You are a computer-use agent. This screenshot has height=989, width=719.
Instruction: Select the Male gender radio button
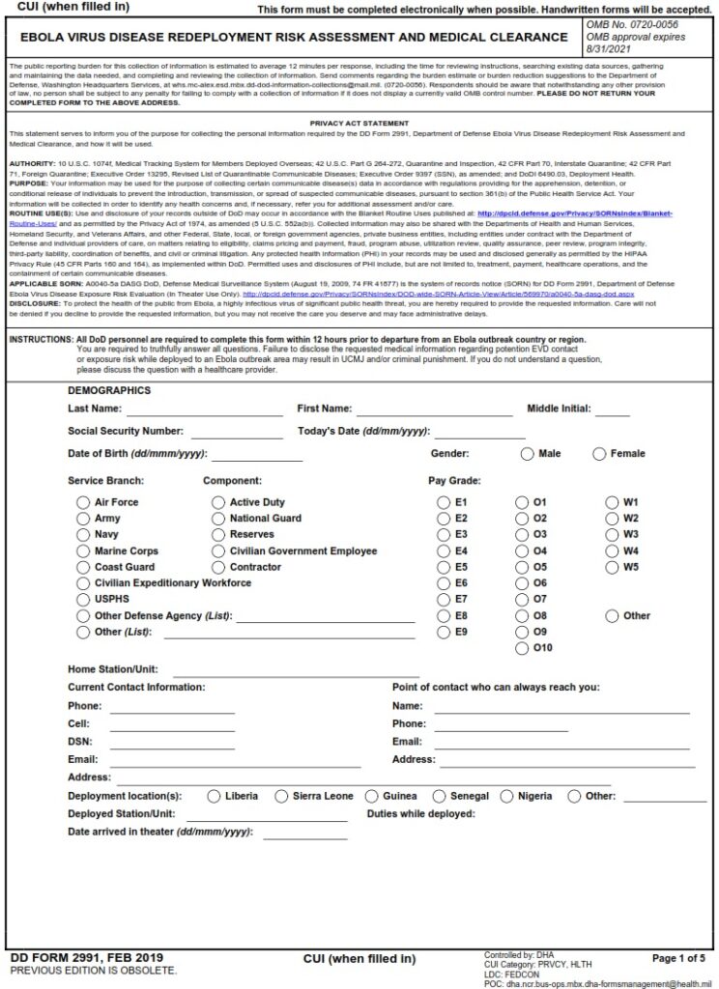527,454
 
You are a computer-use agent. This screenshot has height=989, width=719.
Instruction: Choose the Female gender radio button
599,454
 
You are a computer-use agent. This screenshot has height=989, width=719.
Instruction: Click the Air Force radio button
84,502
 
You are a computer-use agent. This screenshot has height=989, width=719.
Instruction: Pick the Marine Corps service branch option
84,551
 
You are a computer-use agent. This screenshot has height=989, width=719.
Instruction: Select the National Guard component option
218,519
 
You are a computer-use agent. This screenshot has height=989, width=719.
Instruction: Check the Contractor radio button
218,567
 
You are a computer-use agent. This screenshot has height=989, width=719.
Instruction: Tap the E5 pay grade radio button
444,567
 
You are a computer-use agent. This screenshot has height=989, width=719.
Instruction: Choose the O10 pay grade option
522,648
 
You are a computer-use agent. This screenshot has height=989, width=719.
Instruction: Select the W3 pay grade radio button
612,534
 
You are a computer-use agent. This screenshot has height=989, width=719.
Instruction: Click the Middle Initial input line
612,410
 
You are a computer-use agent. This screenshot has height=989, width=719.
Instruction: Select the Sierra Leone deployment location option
281,797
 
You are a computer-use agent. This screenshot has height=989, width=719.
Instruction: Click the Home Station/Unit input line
290,670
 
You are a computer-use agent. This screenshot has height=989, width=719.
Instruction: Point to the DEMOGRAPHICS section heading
109,391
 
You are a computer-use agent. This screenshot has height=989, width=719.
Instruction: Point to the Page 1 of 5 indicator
678,958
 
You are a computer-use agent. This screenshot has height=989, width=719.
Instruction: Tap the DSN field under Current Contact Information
171,742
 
